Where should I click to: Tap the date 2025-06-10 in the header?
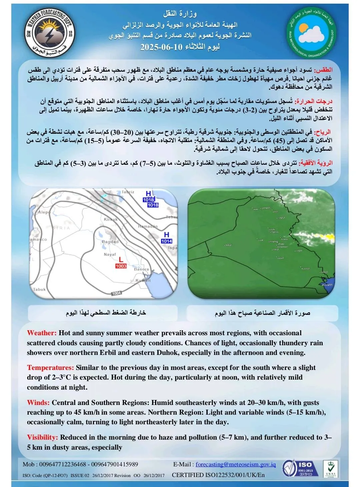click(x=161, y=47)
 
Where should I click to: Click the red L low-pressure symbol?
click(x=121, y=259)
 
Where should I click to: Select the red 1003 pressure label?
click(x=121, y=266)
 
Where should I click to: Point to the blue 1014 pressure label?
click(x=166, y=241)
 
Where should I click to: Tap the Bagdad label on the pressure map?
click(x=110, y=242)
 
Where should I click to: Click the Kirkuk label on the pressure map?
click(x=111, y=219)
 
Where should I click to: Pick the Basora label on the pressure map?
click(x=141, y=269)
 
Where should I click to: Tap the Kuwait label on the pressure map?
click(x=143, y=281)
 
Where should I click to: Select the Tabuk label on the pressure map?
click(x=39, y=290)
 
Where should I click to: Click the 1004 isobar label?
click(x=116, y=293)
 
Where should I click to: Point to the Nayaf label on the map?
click(x=110, y=255)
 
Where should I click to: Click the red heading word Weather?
click(x=42, y=333)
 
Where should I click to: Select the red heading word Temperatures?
click(x=50, y=368)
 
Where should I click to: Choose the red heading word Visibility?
click(x=42, y=437)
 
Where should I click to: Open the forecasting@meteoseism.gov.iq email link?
click(x=235, y=464)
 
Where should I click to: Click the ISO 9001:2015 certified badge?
click(x=298, y=468)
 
